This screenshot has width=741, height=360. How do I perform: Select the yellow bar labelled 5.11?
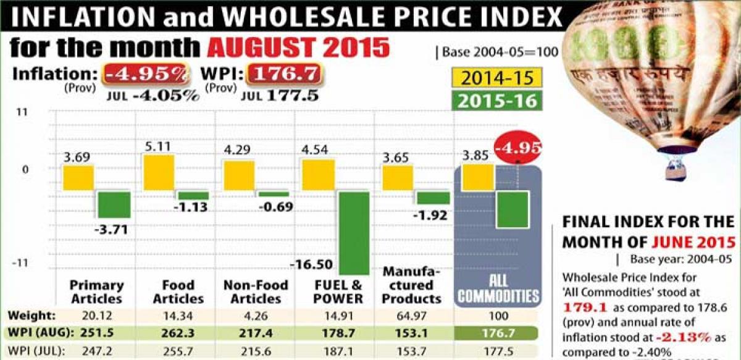pyautogui.click(x=159, y=172)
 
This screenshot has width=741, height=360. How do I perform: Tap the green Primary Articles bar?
pyautogui.click(x=114, y=204)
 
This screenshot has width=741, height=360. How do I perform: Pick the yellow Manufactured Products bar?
pyautogui.click(x=398, y=178)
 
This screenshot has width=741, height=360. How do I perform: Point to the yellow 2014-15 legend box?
pyautogui.click(x=498, y=78)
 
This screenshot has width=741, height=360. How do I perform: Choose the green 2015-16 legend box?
pyautogui.click(x=498, y=100)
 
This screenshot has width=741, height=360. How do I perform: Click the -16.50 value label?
pyautogui.click(x=311, y=266)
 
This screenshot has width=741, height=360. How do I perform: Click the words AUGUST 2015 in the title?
pyautogui.click(x=299, y=48)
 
